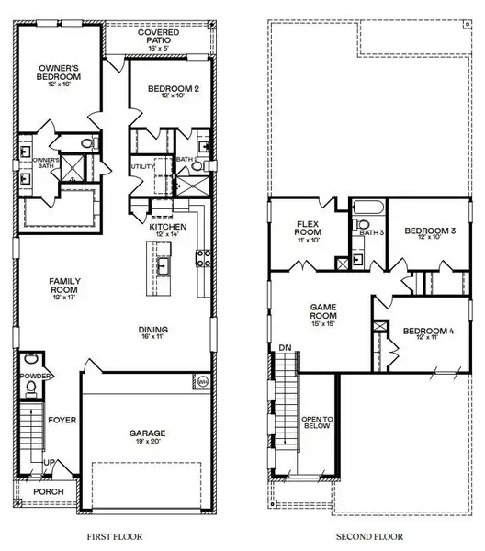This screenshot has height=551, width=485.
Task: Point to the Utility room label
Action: [x=142, y=167]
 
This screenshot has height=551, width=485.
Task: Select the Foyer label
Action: [x=63, y=421]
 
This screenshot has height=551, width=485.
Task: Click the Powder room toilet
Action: [x=30, y=388]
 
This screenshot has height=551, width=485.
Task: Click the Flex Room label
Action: [x=307, y=231]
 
